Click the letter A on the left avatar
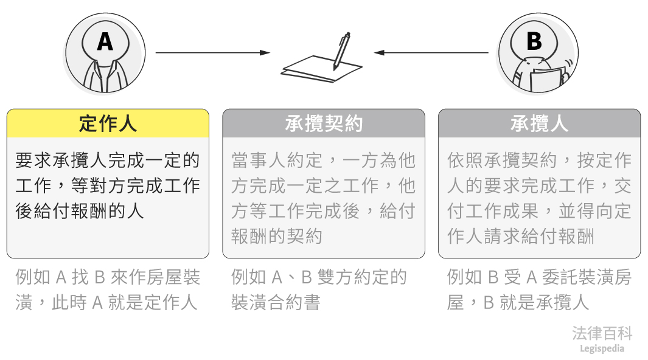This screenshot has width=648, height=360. click(x=105, y=41)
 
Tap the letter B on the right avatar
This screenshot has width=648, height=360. click(x=534, y=41)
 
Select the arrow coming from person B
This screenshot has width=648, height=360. click(x=431, y=53)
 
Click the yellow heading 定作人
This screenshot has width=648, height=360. click(x=108, y=123)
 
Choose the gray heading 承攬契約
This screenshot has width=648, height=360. click(x=324, y=123)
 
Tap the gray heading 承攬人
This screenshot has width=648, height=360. click(x=539, y=123)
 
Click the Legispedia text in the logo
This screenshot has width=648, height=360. click(x=602, y=348)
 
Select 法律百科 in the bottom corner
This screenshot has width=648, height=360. click(x=602, y=333)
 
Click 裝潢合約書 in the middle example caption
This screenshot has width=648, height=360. click(x=276, y=302)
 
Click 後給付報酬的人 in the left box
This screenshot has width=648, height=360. click(x=80, y=210)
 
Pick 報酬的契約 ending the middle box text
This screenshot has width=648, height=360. click(x=277, y=236)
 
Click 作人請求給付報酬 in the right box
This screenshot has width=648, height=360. click(x=520, y=236)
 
